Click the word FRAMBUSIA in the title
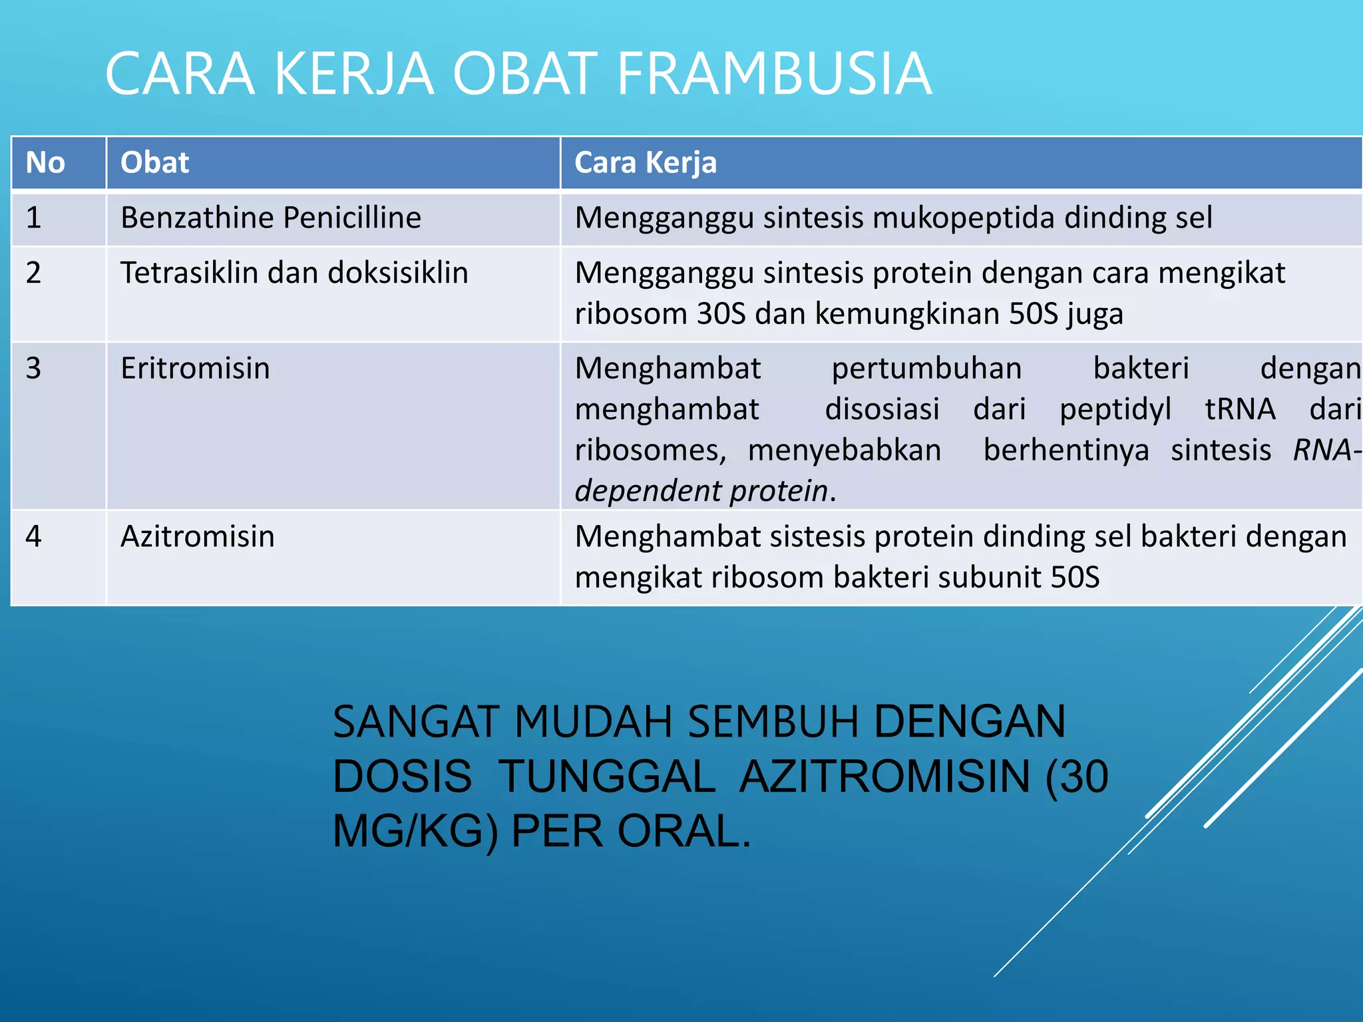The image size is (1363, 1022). (x=774, y=74)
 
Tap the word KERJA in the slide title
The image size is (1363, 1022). (x=353, y=74)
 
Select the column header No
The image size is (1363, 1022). (x=45, y=163)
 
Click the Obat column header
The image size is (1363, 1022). (x=154, y=163)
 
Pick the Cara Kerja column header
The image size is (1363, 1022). (x=645, y=163)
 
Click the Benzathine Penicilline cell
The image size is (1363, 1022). (x=270, y=218)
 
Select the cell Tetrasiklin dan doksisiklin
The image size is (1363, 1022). (x=294, y=273)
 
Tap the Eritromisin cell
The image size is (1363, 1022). (x=195, y=369)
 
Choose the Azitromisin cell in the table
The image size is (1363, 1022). (x=197, y=537)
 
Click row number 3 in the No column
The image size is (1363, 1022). (x=33, y=369)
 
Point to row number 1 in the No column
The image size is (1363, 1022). (x=33, y=218)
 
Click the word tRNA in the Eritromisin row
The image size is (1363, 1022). (x=1240, y=409)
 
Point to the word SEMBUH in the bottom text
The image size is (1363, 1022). (x=773, y=722)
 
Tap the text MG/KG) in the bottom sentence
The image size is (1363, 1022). (x=415, y=832)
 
